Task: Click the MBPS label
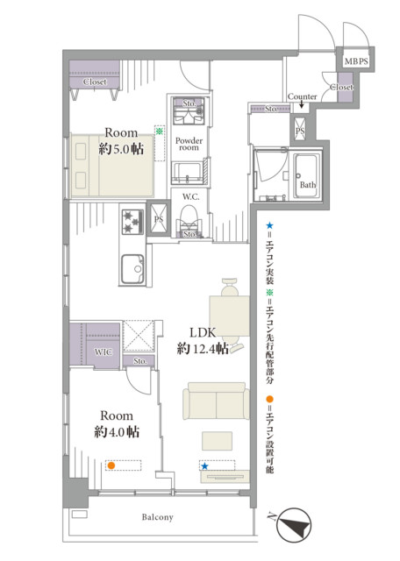[x=356, y=61]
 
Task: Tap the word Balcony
[x=157, y=517]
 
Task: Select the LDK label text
[x=203, y=332]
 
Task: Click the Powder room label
[x=189, y=144]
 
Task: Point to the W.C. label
[x=190, y=196]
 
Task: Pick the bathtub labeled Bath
[x=306, y=175]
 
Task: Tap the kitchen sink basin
[x=132, y=268]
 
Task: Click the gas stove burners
[x=132, y=222]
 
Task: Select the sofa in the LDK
[x=217, y=401]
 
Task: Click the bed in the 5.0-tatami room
[x=112, y=166]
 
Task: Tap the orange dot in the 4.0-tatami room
[x=111, y=465]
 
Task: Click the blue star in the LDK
[x=204, y=465]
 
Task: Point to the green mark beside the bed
[x=159, y=131]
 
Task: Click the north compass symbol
[x=294, y=525]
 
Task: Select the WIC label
[x=104, y=352]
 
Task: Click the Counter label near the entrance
[x=303, y=96]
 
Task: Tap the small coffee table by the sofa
[x=217, y=441]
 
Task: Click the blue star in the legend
[x=269, y=225]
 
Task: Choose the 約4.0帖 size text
[x=117, y=432]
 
